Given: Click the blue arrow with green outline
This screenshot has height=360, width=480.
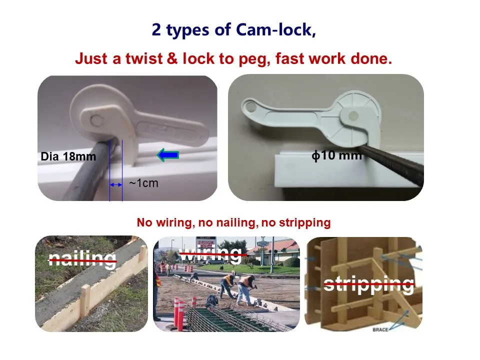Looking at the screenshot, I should pos(168,155).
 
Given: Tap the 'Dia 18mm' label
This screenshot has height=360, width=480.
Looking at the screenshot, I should pos(68,156).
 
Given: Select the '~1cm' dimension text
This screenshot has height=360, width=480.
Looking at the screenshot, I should pos(143,183).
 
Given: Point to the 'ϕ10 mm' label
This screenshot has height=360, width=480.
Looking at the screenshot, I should pos(336,155).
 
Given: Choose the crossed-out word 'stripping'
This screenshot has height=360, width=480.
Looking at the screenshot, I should pos(368,284).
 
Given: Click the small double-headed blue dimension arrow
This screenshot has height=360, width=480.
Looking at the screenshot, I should pos(116,185).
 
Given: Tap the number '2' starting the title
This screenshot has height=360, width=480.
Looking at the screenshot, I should pos(157,30).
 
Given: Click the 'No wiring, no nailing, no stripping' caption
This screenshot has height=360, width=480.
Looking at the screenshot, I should pos(233,222).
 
